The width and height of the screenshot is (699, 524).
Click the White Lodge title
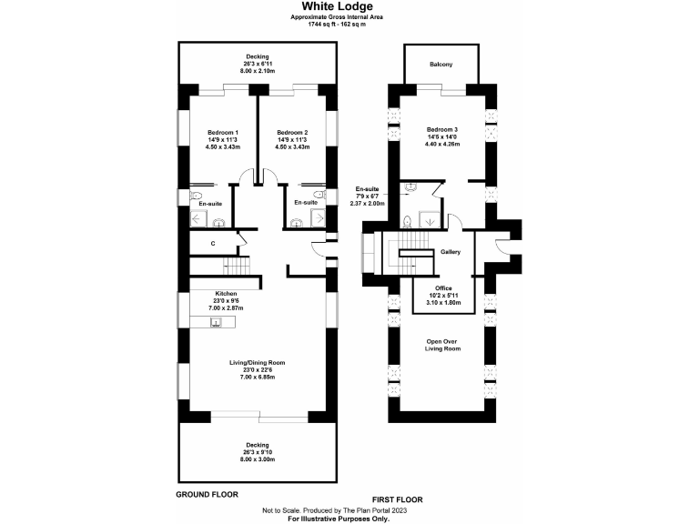[x=349, y=5]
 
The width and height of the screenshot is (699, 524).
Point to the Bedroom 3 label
[x=441, y=129]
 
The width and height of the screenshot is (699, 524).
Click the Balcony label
[x=441, y=65]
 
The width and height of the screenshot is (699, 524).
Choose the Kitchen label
[x=226, y=294]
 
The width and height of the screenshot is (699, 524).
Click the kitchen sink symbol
[x=218, y=321]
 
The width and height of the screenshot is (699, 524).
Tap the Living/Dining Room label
[x=258, y=362]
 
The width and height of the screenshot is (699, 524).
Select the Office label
[x=443, y=288]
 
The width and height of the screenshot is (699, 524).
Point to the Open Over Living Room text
[x=442, y=344]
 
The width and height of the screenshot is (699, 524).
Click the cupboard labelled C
[x=212, y=243]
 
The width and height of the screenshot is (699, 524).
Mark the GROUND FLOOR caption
[x=207, y=495]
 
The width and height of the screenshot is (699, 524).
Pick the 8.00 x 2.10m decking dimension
[x=258, y=69]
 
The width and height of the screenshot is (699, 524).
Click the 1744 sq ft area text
[x=349, y=24]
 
